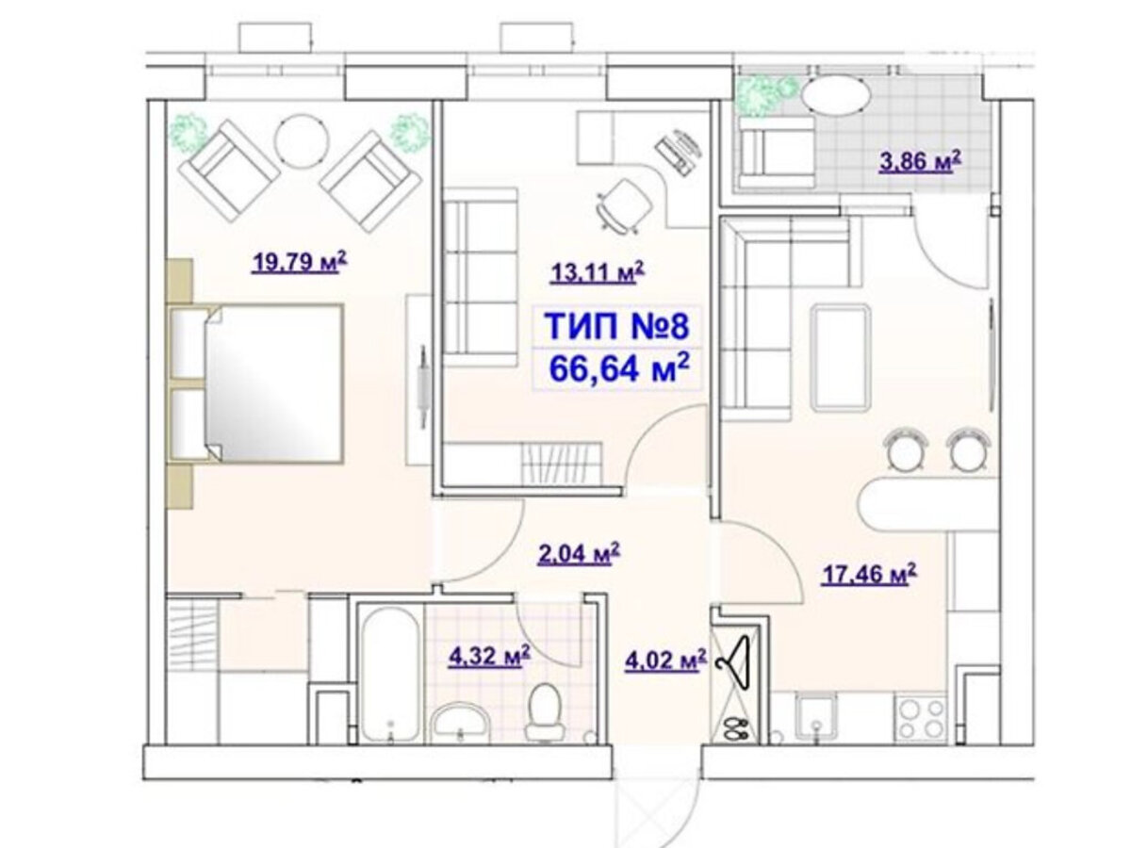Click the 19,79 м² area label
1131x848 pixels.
pos(299,262)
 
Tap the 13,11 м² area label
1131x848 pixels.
pos(598,272)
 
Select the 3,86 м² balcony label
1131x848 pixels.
pos(920,161)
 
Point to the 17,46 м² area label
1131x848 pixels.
pos(868,574)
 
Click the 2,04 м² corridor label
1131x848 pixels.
pos(578,554)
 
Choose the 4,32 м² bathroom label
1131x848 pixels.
pos(489,657)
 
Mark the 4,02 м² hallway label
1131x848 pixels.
pos(665,660)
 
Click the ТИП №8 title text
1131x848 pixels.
pos(616,325)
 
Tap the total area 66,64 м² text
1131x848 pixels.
pos(619,368)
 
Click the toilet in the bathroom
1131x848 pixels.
pos(545,712)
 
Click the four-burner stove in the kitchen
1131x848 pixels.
pos(922,719)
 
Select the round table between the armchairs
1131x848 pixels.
pos(302,140)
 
